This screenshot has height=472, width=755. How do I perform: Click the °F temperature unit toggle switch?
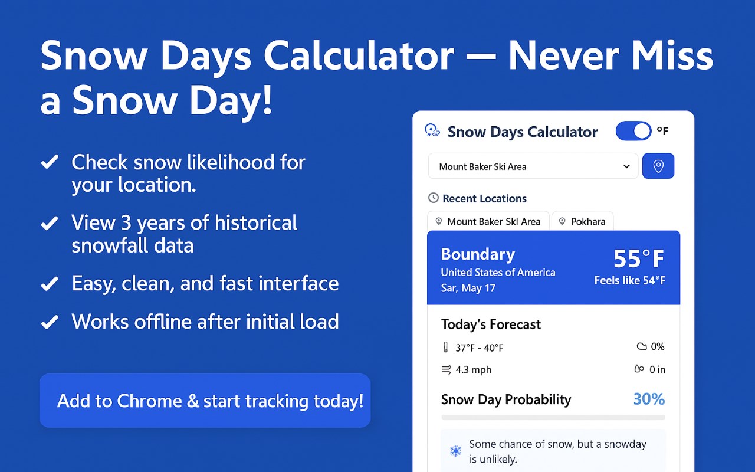coord(633,131)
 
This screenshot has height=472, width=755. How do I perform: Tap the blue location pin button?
coord(658,166)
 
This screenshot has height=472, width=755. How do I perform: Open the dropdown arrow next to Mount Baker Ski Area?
coord(626,166)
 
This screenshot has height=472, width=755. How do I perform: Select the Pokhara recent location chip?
coord(582,221)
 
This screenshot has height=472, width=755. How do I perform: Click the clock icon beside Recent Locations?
coord(433,198)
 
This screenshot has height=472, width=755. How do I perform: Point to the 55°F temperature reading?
coord(639,258)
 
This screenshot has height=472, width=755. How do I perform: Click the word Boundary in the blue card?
coord(478,254)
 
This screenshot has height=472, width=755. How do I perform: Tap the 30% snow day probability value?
coord(649,399)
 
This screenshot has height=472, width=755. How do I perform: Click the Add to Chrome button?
coord(205,401)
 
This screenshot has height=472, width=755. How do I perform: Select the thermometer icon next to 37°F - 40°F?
coord(445,348)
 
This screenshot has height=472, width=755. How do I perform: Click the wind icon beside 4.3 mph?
coord(447,369)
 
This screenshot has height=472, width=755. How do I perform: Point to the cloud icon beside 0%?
coord(642,346)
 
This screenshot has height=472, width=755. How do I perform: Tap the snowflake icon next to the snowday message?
coord(456,451)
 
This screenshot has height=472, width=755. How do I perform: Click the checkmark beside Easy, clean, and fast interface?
coord(50,283)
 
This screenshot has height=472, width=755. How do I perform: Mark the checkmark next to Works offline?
coord(50,322)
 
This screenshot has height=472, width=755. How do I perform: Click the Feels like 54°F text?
coord(629,280)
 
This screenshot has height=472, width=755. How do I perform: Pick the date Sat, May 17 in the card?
coord(468,289)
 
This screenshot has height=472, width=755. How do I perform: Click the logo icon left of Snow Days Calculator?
coord(432,130)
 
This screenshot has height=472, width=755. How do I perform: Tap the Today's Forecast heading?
coord(491,324)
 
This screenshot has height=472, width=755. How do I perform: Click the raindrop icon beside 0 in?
coord(639,369)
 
